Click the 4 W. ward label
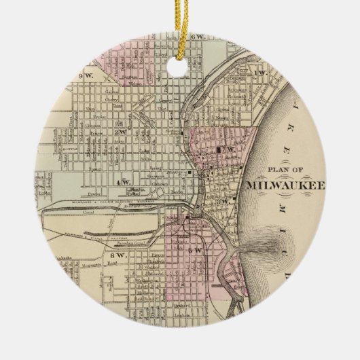tap(124, 182)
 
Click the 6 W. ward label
tap(199, 35)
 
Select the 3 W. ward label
tap(221, 201)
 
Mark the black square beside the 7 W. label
tap(219, 148)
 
